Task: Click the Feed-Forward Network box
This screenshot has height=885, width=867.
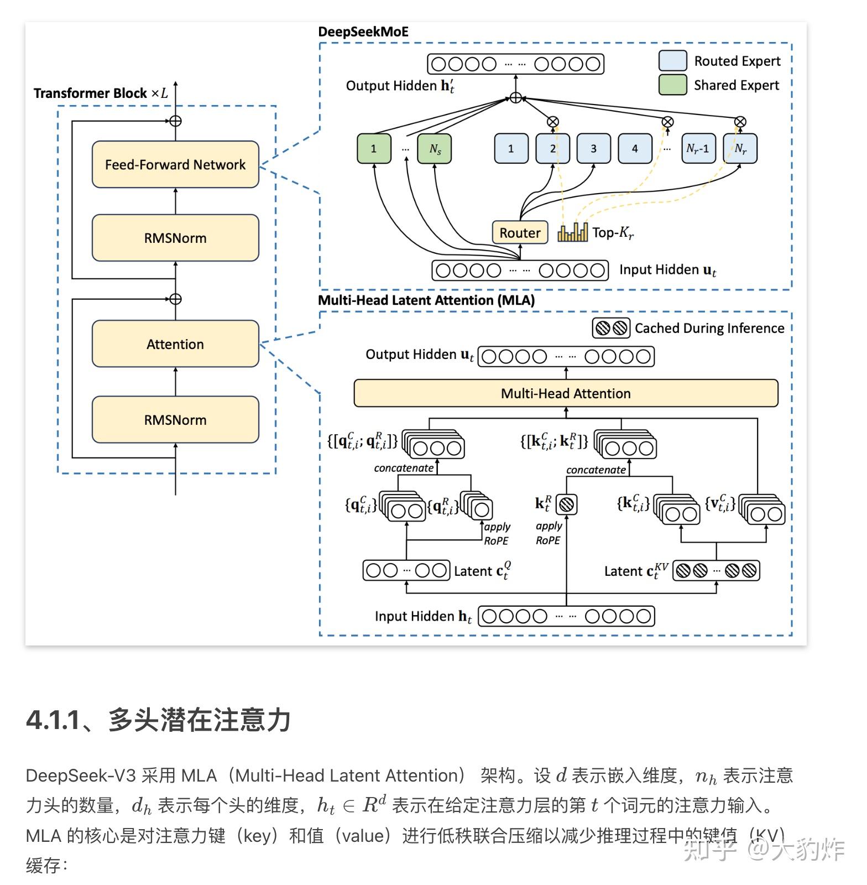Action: click(175, 164)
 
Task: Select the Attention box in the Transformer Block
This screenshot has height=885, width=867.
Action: click(175, 343)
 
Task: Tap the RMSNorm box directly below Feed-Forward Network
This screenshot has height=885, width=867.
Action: click(175, 238)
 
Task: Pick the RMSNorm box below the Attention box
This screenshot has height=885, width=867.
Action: click(175, 419)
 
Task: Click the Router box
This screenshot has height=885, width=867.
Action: click(520, 232)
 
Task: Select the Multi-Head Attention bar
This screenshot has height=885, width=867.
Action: click(566, 393)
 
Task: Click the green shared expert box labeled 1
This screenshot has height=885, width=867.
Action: click(374, 149)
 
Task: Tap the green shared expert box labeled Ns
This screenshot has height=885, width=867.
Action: click(435, 149)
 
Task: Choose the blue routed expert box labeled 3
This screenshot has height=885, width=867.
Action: click(594, 149)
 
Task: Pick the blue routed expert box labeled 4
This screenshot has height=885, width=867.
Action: click(635, 149)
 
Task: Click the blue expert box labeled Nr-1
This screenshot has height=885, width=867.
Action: click(698, 149)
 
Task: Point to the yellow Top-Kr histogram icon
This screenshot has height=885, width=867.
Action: click(572, 232)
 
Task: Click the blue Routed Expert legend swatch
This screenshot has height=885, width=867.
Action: click(672, 61)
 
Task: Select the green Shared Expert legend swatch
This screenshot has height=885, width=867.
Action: click(672, 85)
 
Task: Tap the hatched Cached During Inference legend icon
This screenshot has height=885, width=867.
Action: click(612, 328)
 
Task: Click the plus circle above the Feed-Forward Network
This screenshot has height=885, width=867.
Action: click(175, 121)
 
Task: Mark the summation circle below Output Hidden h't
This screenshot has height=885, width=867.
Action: click(515, 98)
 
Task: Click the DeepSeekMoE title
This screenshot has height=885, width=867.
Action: click(363, 32)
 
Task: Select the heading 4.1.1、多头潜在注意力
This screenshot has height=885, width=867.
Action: click(158, 720)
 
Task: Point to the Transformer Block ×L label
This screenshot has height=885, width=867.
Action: click(101, 93)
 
